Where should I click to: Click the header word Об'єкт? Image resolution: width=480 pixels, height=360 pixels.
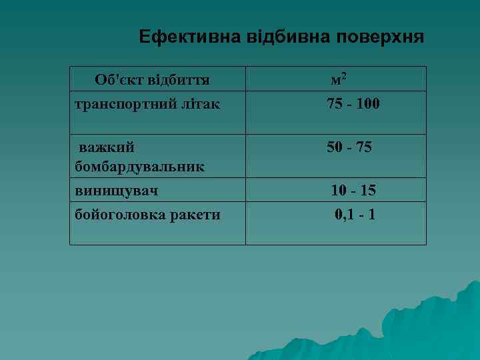click(115, 81)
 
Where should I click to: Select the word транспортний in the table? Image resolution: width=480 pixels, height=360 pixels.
click(118, 104)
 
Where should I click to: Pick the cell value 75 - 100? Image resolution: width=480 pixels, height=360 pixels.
click(353, 104)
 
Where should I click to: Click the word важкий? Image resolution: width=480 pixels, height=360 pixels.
click(107, 147)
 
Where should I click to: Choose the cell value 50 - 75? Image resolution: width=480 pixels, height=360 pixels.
click(349, 147)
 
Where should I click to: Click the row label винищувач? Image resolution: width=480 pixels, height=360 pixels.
click(116, 191)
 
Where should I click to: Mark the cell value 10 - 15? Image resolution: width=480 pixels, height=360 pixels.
click(353, 191)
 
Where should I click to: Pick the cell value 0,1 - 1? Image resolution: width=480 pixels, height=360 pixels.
click(355, 215)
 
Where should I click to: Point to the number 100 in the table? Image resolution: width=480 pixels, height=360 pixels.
click(367, 104)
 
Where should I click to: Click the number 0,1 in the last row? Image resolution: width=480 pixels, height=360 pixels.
click(344, 215)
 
